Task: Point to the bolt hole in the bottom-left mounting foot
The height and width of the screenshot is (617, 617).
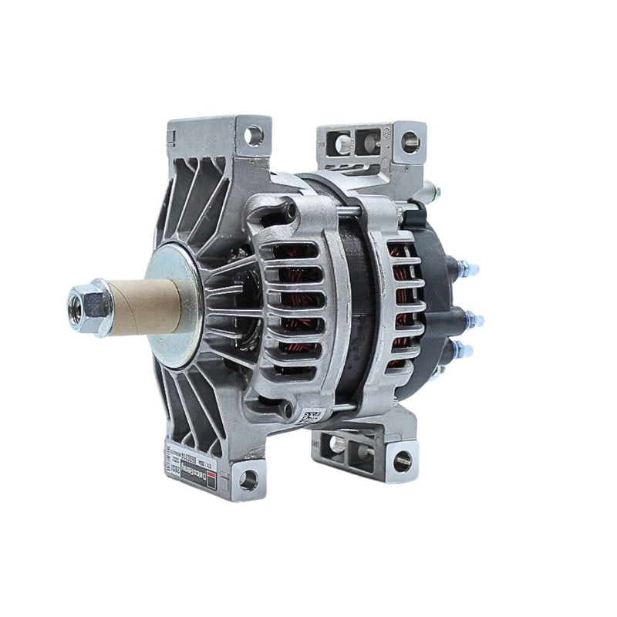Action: [248, 480]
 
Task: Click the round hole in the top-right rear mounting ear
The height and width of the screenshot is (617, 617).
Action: [410, 140]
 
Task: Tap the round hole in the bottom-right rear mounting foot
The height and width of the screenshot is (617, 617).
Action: [399, 461]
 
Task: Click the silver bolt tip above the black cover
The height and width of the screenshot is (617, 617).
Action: [437, 187]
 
